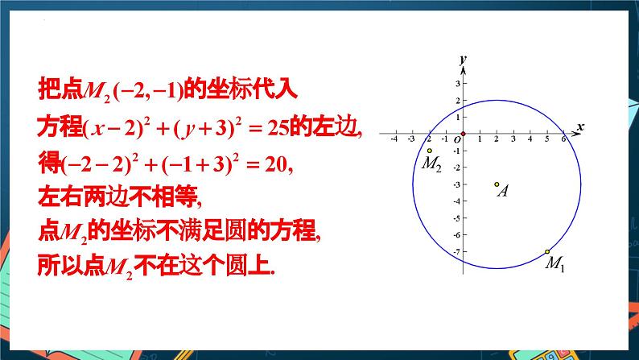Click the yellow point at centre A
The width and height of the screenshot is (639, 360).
coord(497,184)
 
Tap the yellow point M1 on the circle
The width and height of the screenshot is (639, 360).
coord(547,251)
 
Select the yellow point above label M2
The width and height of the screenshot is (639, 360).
coord(430,151)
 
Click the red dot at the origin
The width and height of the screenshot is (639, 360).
coord(463,133)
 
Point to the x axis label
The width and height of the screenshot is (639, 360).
coord(579,127)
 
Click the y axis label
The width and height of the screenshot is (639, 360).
coord(462,60)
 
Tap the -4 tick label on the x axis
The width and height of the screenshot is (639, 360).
coord(394,140)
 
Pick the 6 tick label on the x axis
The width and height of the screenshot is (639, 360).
coord(563,140)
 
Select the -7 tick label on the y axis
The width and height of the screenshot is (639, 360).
coord(455,252)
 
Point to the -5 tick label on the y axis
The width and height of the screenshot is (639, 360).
coord(455,218)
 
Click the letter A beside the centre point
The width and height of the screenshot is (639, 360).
coord(502,193)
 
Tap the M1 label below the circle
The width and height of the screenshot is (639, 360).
coord(554,263)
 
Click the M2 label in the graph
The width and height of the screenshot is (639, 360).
coord(431,164)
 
